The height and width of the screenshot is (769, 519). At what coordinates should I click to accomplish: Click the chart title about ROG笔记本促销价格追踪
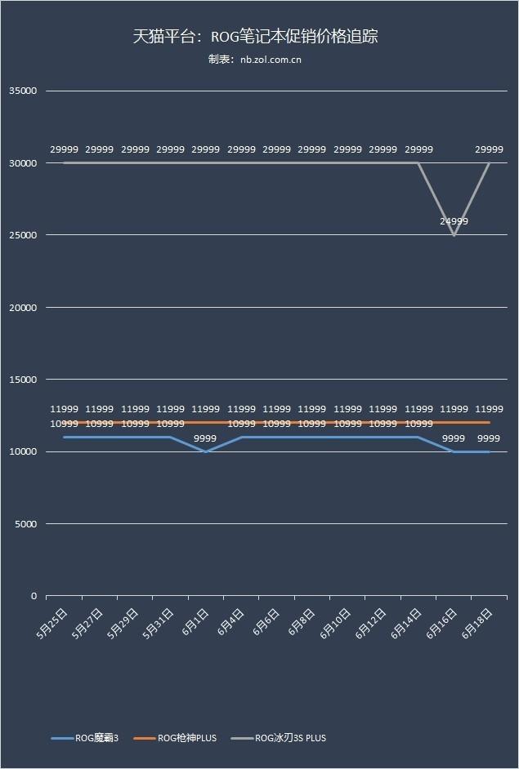point(255,37)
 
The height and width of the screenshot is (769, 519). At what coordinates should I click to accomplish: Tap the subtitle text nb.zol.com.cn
point(255,60)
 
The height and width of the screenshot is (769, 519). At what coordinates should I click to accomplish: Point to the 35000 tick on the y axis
point(23,91)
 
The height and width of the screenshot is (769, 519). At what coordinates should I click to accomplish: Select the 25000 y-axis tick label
point(23,236)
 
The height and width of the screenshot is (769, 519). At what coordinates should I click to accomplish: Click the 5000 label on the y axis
point(25,524)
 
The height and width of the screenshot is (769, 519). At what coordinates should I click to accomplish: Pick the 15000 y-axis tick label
point(23,380)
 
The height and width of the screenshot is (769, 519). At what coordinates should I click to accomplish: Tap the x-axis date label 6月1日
point(195,624)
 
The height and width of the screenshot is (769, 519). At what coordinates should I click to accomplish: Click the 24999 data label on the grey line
point(454,221)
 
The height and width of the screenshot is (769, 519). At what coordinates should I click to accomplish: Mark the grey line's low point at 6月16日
point(454,235)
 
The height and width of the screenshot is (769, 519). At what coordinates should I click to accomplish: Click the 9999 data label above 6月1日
point(205,438)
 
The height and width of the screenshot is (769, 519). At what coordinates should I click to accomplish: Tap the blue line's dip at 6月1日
point(206,451)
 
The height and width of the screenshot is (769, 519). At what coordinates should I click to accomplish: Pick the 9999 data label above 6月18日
point(489,438)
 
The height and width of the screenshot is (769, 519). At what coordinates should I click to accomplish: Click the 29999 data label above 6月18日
point(489,149)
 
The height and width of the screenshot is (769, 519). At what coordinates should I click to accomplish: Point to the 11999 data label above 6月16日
point(454,409)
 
